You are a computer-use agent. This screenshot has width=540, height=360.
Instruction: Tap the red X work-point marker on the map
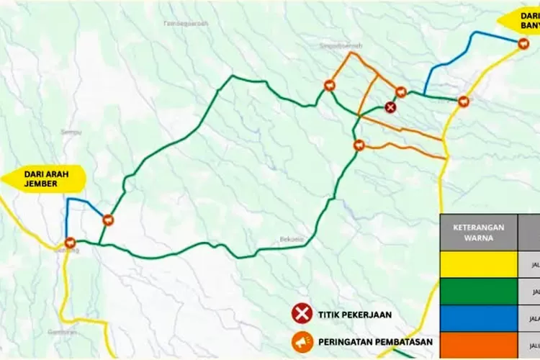point(390,107)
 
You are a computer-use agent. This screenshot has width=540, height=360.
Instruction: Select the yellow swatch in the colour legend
point(478,264)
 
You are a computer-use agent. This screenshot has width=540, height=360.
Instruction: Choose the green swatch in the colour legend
point(478,292)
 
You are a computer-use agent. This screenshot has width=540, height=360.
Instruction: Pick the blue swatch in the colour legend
point(478,318)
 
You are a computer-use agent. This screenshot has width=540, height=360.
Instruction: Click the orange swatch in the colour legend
point(478,345)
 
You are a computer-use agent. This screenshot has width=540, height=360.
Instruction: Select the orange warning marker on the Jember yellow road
point(69,243)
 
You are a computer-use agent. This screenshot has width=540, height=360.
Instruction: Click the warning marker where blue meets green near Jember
point(108,220)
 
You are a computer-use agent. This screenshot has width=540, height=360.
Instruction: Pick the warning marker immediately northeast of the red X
point(401,92)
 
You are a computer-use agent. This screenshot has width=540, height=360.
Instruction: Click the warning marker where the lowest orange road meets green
point(359,145)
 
